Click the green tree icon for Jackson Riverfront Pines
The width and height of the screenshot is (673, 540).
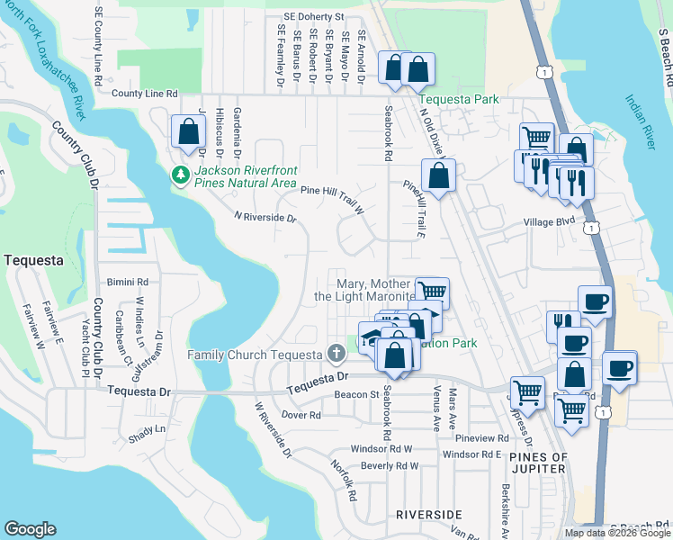183,174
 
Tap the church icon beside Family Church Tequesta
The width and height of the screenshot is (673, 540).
336,353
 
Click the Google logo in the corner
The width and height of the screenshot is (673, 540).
30,529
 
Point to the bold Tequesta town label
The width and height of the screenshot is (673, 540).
33,260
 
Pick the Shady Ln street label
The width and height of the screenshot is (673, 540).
147,429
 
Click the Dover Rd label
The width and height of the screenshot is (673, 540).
301,415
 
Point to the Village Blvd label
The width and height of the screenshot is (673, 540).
550,220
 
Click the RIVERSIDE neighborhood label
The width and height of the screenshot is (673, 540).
428,514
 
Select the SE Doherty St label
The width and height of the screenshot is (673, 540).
313,16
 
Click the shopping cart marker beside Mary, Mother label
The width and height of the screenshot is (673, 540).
433,292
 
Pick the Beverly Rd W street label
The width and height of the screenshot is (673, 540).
390,465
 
